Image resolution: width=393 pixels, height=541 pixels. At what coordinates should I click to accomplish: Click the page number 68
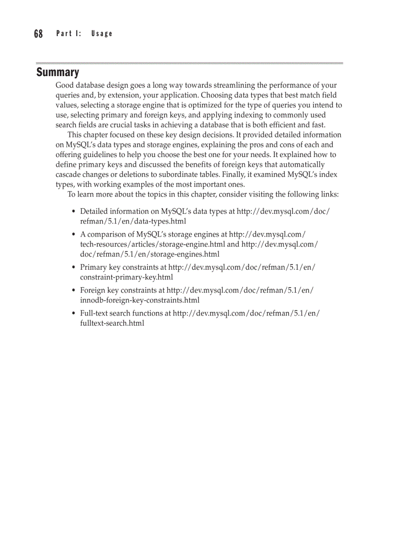pyautogui.click(x=39, y=34)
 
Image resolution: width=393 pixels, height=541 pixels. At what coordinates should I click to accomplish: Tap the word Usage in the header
pyautogui.click(x=101, y=34)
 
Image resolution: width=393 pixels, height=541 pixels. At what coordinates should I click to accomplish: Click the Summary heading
pyautogui.click(x=57, y=73)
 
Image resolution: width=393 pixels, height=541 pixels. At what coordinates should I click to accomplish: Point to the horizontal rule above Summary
pyautogui.click(x=189, y=63)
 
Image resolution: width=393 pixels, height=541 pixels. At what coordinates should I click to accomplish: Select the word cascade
pyautogui.click(x=69, y=174)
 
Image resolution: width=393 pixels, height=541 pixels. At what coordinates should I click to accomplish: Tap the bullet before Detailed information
pyautogui.click(x=74, y=211)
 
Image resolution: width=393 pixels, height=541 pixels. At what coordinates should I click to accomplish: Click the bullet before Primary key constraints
pyautogui.click(x=74, y=267)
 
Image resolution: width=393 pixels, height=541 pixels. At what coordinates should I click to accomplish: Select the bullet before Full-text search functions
pyautogui.click(x=74, y=314)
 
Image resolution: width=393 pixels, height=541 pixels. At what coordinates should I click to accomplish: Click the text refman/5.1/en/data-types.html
pyautogui.click(x=132, y=221)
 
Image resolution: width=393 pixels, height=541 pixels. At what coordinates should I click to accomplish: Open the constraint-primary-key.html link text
pyautogui.click(x=126, y=277)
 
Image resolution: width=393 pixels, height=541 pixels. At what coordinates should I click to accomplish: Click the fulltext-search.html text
pyautogui.click(x=112, y=323)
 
